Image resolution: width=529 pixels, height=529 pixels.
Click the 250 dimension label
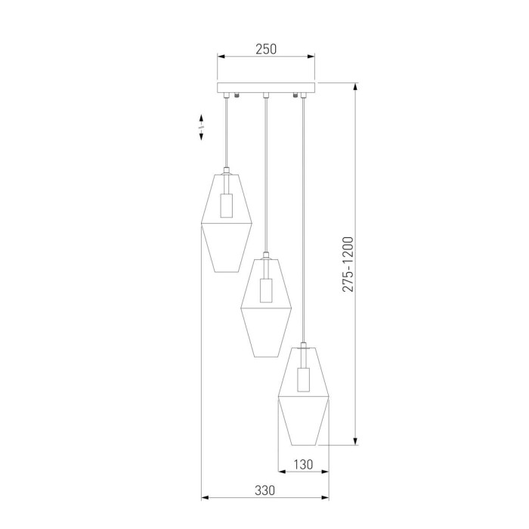[266, 49]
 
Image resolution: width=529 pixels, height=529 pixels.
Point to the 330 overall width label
[264, 490]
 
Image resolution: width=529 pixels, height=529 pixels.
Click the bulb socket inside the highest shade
[225, 206]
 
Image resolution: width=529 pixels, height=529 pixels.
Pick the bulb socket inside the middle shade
[265, 291]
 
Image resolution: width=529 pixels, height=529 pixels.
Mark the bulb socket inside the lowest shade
[304, 379]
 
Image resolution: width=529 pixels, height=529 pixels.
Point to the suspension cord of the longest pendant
[304, 219]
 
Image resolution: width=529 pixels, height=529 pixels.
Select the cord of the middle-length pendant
[265, 174]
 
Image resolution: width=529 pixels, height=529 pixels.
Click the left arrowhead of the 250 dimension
[221, 57]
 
